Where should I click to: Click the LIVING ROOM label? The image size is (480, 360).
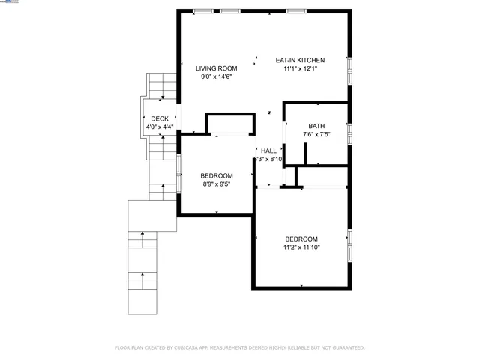(217, 68)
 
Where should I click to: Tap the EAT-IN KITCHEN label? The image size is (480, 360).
(300, 61)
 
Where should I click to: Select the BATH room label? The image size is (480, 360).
(316, 126)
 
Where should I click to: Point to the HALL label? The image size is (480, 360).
(268, 151)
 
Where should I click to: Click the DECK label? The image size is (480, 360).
(160, 119)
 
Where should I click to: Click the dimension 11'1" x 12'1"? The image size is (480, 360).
(300, 69)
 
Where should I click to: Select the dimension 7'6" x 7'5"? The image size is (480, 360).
(316, 134)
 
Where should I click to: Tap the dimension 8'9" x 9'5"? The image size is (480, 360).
(217, 184)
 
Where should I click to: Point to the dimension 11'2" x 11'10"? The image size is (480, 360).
(301, 247)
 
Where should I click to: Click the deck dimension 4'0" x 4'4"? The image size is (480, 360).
(160, 127)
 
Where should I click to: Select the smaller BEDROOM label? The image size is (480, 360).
(217, 175)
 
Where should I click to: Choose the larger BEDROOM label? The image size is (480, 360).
(301, 238)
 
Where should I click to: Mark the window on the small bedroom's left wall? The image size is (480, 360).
(178, 175)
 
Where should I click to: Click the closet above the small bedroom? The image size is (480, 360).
(229, 124)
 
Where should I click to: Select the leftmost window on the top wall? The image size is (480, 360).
(202, 10)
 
